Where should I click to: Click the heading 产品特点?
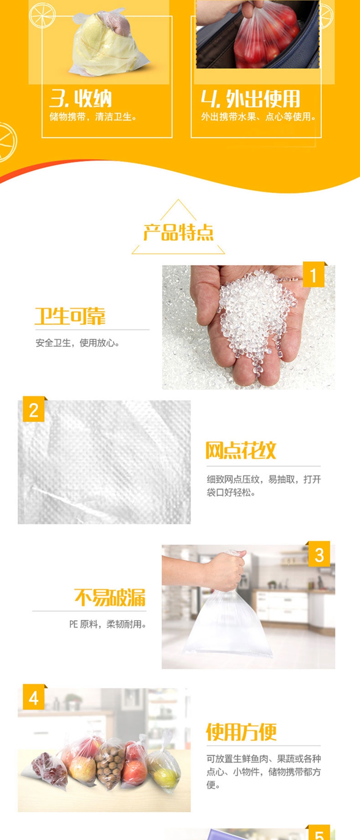(179, 232)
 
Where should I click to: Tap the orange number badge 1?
(314, 275)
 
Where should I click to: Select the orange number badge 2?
(34, 410)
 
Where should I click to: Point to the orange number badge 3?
(319, 555)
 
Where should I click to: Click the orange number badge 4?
(34, 698)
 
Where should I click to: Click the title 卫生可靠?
(70, 316)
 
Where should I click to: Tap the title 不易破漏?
(110, 597)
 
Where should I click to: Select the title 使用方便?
(241, 732)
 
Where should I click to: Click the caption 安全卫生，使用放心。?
(78, 343)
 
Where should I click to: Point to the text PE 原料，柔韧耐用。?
(108, 624)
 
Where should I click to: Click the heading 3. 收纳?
(81, 99)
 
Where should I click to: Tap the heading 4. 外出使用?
(251, 99)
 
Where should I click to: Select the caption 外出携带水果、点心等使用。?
(259, 117)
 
